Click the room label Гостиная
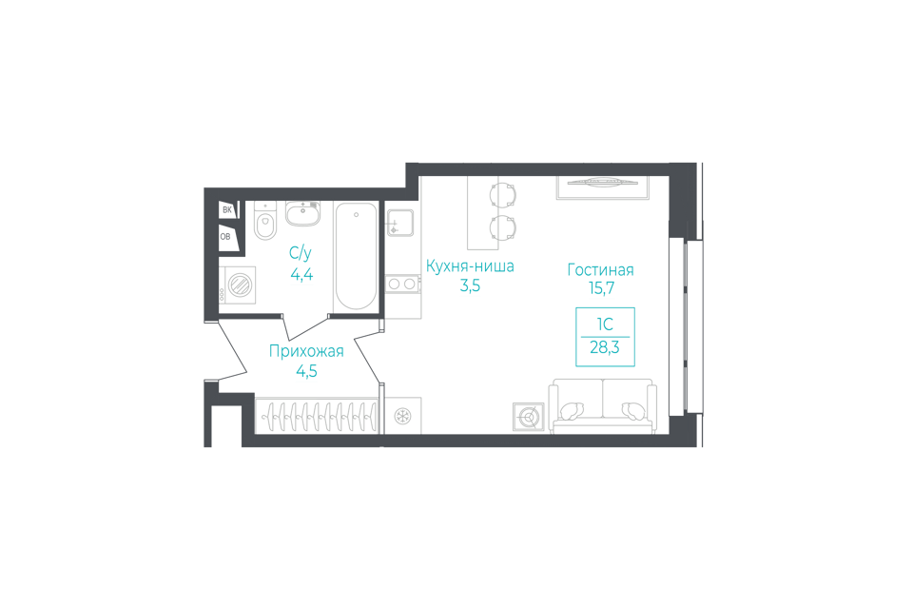[600, 269]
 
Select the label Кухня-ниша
[470, 266]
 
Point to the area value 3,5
[470, 286]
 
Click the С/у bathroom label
[301, 253]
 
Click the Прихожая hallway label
[305, 351]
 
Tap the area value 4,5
[306, 371]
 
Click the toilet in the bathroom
[264, 222]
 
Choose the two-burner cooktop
[403, 282]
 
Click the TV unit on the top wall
[600, 186]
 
